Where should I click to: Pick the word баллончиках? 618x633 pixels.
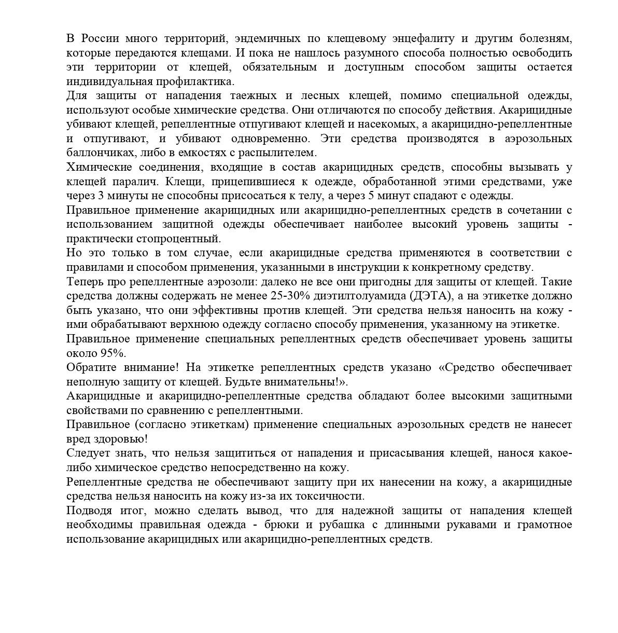pos(98,153)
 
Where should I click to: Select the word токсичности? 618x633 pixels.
pos(334,497)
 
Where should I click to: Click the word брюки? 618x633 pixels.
pos(283,525)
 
